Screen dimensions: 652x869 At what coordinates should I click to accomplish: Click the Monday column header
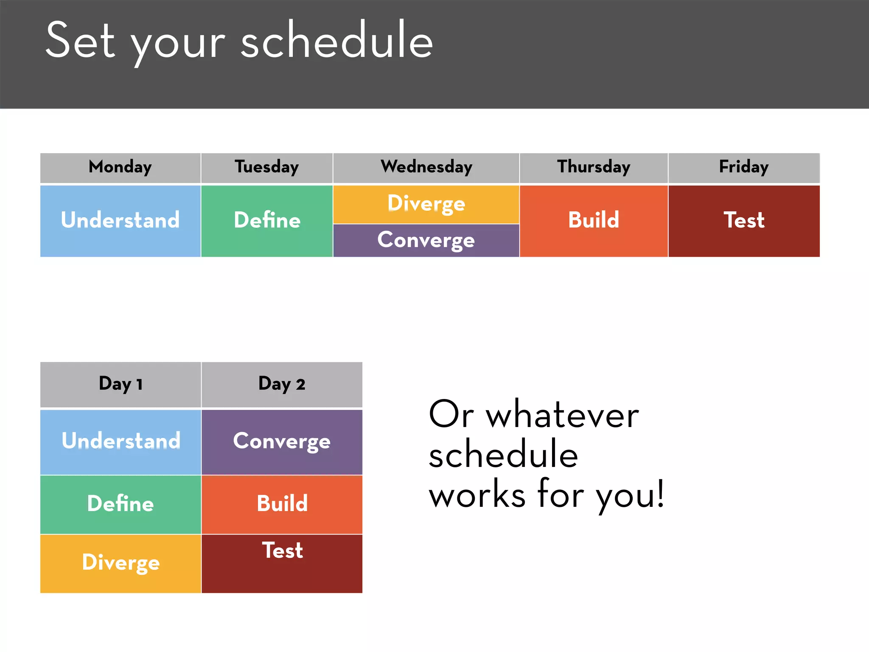click(x=120, y=167)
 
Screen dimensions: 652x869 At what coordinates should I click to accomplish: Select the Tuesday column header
click(x=266, y=167)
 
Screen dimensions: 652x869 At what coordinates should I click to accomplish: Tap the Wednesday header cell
click(x=426, y=167)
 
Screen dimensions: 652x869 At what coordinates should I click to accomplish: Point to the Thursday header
click(x=593, y=167)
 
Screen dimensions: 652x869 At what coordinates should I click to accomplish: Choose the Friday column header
click(x=743, y=167)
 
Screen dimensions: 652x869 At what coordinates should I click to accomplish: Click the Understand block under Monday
click(x=120, y=221)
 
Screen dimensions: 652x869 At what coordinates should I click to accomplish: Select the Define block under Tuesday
click(x=266, y=221)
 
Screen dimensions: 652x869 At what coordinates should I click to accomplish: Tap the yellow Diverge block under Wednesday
click(x=426, y=204)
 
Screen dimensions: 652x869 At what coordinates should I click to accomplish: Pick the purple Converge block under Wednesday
click(x=426, y=240)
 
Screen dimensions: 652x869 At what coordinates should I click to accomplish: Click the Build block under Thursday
click(x=593, y=221)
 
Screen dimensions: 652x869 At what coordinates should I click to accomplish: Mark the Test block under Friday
click(x=743, y=221)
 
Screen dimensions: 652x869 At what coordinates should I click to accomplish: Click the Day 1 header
click(x=120, y=384)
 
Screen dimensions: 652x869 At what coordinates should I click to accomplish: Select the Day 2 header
click(x=282, y=384)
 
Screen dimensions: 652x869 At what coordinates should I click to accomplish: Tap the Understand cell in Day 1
click(x=120, y=441)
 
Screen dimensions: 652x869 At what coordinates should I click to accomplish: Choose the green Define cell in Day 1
click(x=120, y=504)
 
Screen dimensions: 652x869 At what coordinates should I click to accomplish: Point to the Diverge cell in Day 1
click(x=120, y=563)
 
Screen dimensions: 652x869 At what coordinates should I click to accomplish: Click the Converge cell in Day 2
click(x=282, y=441)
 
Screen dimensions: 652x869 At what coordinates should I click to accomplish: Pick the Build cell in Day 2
click(x=282, y=504)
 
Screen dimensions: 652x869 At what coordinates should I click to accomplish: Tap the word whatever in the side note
click(x=562, y=416)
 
